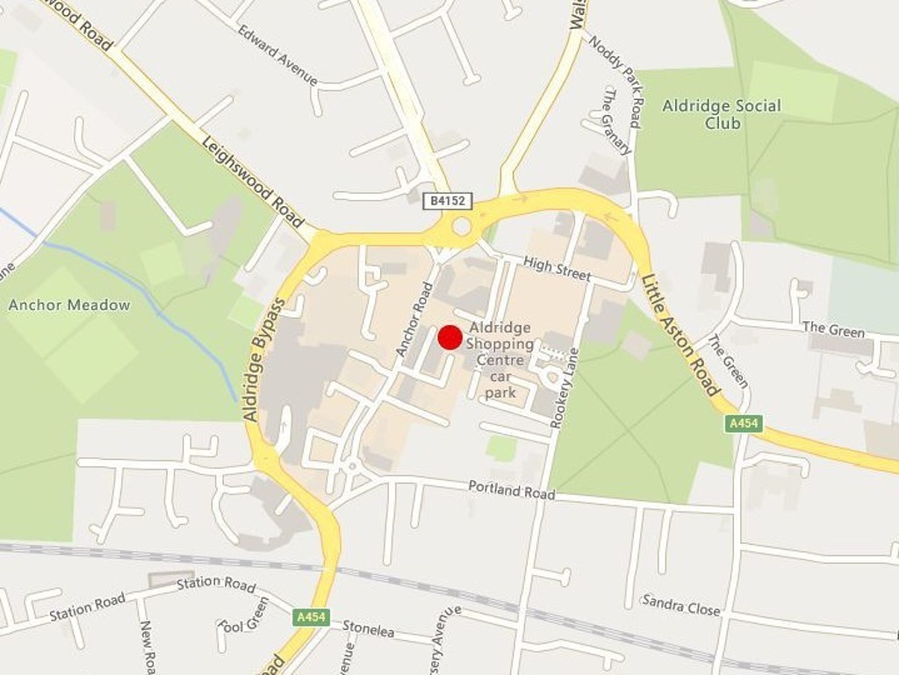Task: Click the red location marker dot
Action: coord(450,338)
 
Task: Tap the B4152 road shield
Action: coord(448,201)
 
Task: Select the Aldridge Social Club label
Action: coord(721,114)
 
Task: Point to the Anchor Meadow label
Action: coord(69,305)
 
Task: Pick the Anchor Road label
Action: coord(414,319)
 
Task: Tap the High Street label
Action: coord(557,268)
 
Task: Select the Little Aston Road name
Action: coord(680,334)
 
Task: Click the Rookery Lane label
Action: coord(565,387)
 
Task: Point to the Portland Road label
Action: coord(511,489)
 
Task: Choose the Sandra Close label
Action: coord(680,605)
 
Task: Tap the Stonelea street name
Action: coord(368,628)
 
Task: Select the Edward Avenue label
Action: coord(277,54)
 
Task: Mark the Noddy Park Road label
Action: coord(615,81)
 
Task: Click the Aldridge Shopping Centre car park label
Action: coord(500,360)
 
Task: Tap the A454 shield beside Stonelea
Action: coord(311,617)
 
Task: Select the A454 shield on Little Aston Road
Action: coord(743,424)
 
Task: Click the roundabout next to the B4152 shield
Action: coord(462,227)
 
